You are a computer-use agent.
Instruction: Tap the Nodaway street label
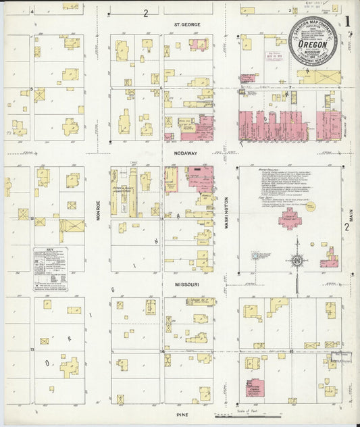[185, 153]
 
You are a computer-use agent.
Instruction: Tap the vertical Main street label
[351, 216]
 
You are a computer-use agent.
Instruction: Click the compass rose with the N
[296, 260]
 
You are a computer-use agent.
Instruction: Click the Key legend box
[51, 269]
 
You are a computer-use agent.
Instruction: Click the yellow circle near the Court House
[310, 207]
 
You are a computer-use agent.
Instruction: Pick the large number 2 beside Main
[346, 227]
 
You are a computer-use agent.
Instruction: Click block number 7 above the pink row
[290, 88]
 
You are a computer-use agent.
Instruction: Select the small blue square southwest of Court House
[256, 256]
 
